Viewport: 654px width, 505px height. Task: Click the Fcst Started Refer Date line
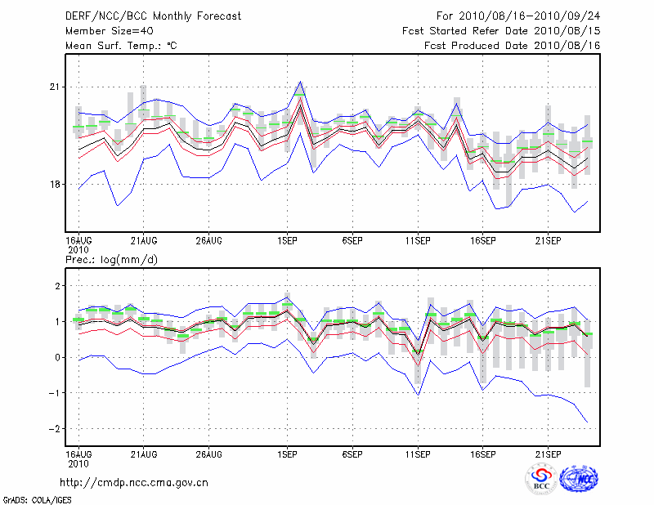501,30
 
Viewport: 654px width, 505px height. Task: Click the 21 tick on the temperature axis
56,87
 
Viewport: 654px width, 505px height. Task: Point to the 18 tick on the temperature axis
56,184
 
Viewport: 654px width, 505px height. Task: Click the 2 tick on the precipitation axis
57,286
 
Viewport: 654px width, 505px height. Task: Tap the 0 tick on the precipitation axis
57,357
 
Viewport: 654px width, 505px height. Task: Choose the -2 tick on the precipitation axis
56,429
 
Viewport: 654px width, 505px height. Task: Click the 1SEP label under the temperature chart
287,240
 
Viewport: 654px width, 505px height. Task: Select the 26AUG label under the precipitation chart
208,453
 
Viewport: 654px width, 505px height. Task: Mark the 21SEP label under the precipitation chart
548,453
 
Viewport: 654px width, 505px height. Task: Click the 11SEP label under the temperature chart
418,240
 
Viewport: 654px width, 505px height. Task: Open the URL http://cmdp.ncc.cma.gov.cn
135,482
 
